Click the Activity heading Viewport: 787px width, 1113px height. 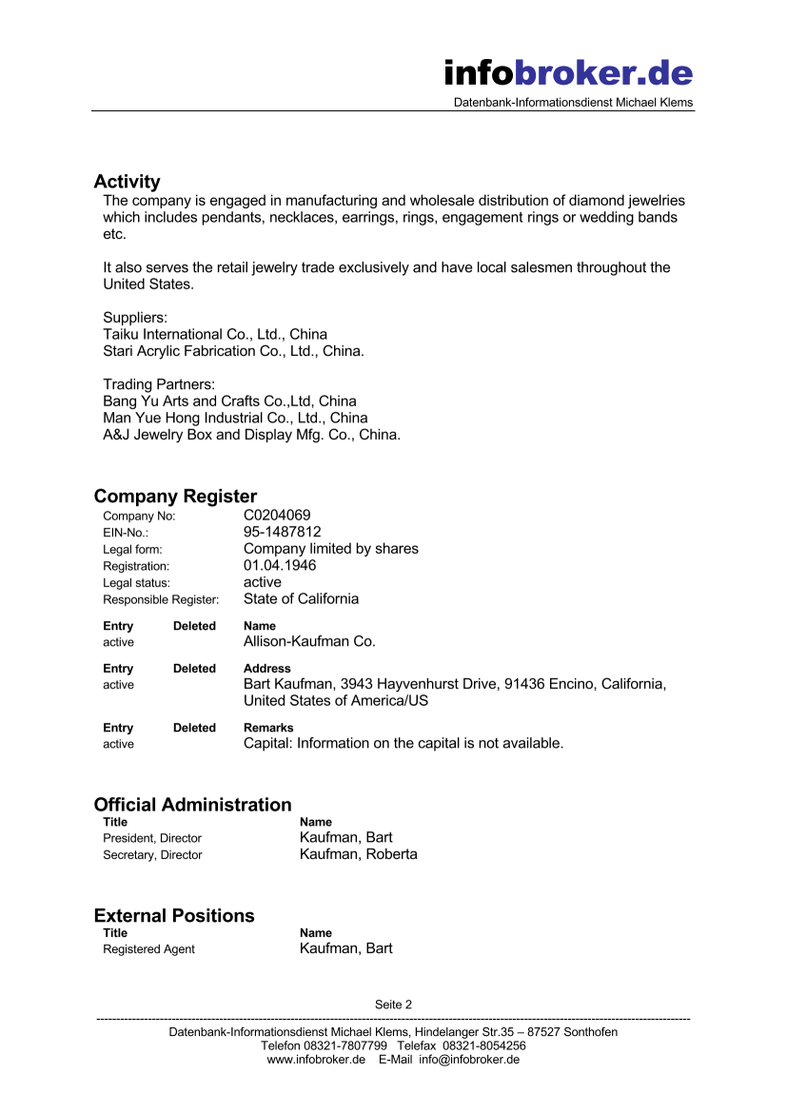pyautogui.click(x=127, y=182)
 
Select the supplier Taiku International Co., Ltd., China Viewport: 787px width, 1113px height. pyautogui.click(x=215, y=335)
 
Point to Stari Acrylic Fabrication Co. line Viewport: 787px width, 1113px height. pyautogui.click(x=233, y=351)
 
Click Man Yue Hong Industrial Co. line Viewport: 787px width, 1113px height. pyautogui.click(x=235, y=418)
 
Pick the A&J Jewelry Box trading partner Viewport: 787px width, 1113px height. pyautogui.click(x=251, y=435)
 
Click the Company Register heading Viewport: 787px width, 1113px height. pyautogui.click(x=175, y=497)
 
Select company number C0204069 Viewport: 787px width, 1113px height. pyautogui.click(x=277, y=516)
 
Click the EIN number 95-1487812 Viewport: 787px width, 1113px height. pyautogui.click(x=283, y=532)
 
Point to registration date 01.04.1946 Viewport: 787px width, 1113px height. pyautogui.click(x=280, y=565)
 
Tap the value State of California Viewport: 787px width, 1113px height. pyautogui.click(x=301, y=598)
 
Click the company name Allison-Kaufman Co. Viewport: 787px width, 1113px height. pyautogui.click(x=309, y=642)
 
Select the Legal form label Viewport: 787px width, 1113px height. pyautogui.click(x=132, y=549)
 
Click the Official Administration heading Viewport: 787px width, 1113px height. pyautogui.click(x=192, y=805)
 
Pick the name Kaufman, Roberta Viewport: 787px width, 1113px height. pyautogui.click(x=358, y=854)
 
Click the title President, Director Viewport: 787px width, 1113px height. pyautogui.click(x=152, y=838)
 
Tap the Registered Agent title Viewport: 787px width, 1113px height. pyautogui.click(x=148, y=949)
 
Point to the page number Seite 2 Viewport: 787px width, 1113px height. pyautogui.click(x=393, y=1005)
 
